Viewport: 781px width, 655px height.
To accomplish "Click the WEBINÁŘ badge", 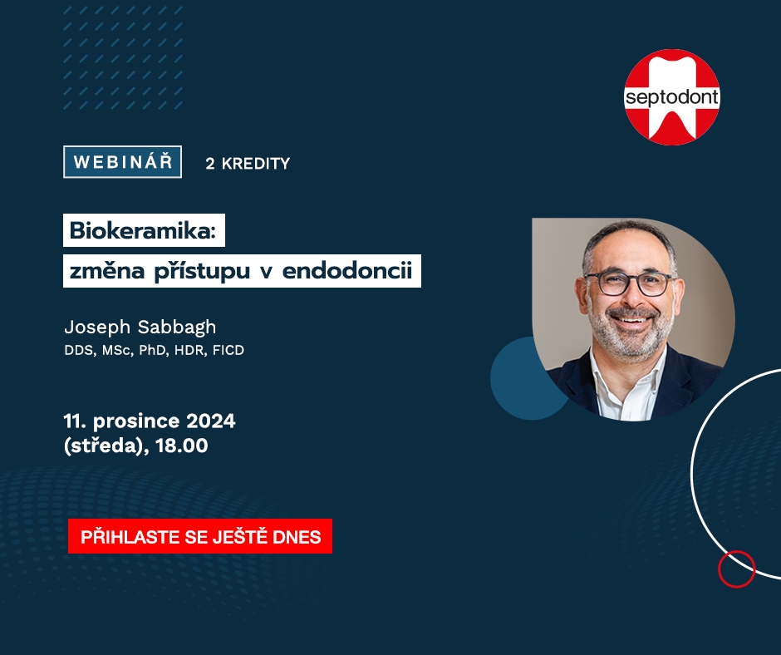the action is point(122,161).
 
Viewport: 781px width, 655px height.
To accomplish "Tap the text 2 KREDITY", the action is point(248,164).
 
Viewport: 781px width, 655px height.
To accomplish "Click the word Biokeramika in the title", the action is point(142,230).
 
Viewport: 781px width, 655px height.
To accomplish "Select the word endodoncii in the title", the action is point(347,271).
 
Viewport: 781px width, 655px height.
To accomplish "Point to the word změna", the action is point(107,272).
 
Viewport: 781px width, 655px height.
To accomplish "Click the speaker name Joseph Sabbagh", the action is point(140,327).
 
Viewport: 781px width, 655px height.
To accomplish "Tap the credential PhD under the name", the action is point(152,351).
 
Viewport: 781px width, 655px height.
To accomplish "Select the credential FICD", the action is point(228,351).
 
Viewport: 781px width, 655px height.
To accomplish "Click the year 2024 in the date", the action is point(211,421).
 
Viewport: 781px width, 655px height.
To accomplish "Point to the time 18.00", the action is point(182,446).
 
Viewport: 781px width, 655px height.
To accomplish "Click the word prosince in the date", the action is point(136,421).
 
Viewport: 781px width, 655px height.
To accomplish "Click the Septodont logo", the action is point(672,97).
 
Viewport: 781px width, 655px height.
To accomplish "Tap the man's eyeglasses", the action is point(631,283).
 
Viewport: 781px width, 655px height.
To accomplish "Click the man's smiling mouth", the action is point(631,319).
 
